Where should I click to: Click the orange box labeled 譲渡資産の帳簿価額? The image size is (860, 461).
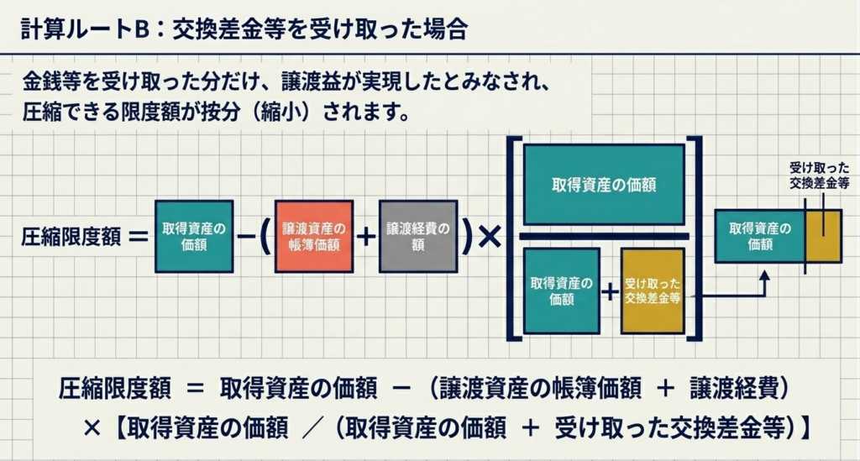click(x=313, y=236)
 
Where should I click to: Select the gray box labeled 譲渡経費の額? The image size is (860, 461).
click(x=418, y=236)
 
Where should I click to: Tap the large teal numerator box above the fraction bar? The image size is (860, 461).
click(x=604, y=185)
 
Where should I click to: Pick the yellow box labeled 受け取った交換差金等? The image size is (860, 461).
click(x=653, y=291)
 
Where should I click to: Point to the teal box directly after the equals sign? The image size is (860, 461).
click(x=194, y=236)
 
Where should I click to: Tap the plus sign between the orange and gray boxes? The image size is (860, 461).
click(x=365, y=237)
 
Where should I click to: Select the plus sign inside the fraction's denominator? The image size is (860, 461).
click(x=610, y=292)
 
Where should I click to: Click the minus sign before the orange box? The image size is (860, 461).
click(x=246, y=237)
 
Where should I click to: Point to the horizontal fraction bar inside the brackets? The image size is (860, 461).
click(x=604, y=236)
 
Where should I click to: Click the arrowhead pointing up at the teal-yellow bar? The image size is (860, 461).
click(x=764, y=275)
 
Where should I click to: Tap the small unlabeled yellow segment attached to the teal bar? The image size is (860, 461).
click(x=823, y=236)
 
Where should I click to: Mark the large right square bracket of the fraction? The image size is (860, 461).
click(x=695, y=238)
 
